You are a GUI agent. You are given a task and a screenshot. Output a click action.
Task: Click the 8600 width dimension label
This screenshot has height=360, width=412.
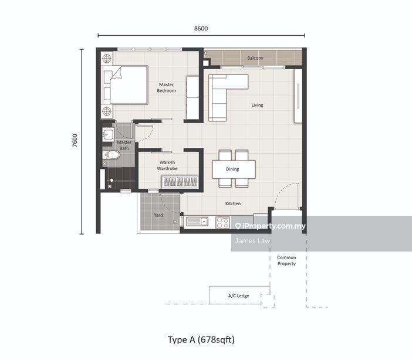201,28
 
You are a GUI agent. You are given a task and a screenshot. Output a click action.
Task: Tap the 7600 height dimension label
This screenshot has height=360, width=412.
75,141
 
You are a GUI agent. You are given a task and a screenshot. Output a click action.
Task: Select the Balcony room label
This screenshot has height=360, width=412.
255,58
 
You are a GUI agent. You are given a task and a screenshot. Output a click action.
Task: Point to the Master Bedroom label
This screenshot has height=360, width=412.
166,87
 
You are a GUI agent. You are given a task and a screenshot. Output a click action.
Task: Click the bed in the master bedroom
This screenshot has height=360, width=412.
125,85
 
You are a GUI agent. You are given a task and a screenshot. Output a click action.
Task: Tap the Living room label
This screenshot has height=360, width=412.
257,105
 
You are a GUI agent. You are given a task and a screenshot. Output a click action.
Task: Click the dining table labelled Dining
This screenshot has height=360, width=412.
234,169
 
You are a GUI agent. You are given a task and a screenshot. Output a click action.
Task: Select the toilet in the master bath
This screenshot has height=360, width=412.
111,155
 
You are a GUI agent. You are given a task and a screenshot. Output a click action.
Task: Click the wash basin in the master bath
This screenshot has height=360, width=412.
108,134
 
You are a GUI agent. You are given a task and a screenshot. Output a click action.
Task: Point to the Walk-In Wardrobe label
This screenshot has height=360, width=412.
167,165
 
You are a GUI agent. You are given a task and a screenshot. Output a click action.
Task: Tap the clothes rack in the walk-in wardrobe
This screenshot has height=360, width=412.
180,181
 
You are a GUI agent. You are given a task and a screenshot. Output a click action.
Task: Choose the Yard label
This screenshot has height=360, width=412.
158,215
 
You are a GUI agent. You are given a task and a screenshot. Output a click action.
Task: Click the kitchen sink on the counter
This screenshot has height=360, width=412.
197,222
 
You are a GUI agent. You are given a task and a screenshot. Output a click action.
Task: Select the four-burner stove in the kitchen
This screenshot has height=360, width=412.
223,222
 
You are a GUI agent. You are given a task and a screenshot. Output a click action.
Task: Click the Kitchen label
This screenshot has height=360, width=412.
233,203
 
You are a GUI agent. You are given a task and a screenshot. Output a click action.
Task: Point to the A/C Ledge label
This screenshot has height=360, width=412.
239,296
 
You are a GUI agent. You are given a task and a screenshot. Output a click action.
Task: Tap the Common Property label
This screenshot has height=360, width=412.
286,260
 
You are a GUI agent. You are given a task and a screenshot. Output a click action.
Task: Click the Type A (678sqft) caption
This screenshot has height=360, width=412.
201,340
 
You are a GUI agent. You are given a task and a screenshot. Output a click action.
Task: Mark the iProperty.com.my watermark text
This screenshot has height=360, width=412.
271,226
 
